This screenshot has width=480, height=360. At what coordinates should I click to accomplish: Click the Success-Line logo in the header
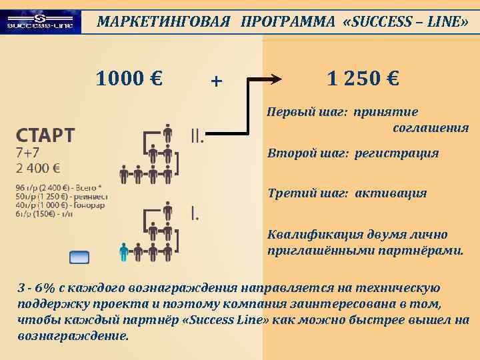(41, 22)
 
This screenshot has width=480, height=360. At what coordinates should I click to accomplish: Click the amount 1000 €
(129, 79)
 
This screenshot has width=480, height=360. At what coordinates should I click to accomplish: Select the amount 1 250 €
(363, 79)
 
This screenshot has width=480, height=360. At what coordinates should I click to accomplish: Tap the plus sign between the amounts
(215, 81)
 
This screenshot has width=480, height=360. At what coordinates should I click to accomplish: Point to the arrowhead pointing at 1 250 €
(275, 79)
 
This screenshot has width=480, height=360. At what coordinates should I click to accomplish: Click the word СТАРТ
(45, 135)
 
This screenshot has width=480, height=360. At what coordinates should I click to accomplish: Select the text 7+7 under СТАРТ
(28, 153)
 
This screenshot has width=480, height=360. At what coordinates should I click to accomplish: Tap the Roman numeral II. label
(197, 136)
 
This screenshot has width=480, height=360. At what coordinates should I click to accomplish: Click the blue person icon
(123, 252)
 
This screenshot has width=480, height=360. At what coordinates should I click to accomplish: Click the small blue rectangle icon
(79, 257)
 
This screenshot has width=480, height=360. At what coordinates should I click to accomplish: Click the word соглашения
(431, 127)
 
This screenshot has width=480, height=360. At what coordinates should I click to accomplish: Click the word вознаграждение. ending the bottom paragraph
(73, 335)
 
